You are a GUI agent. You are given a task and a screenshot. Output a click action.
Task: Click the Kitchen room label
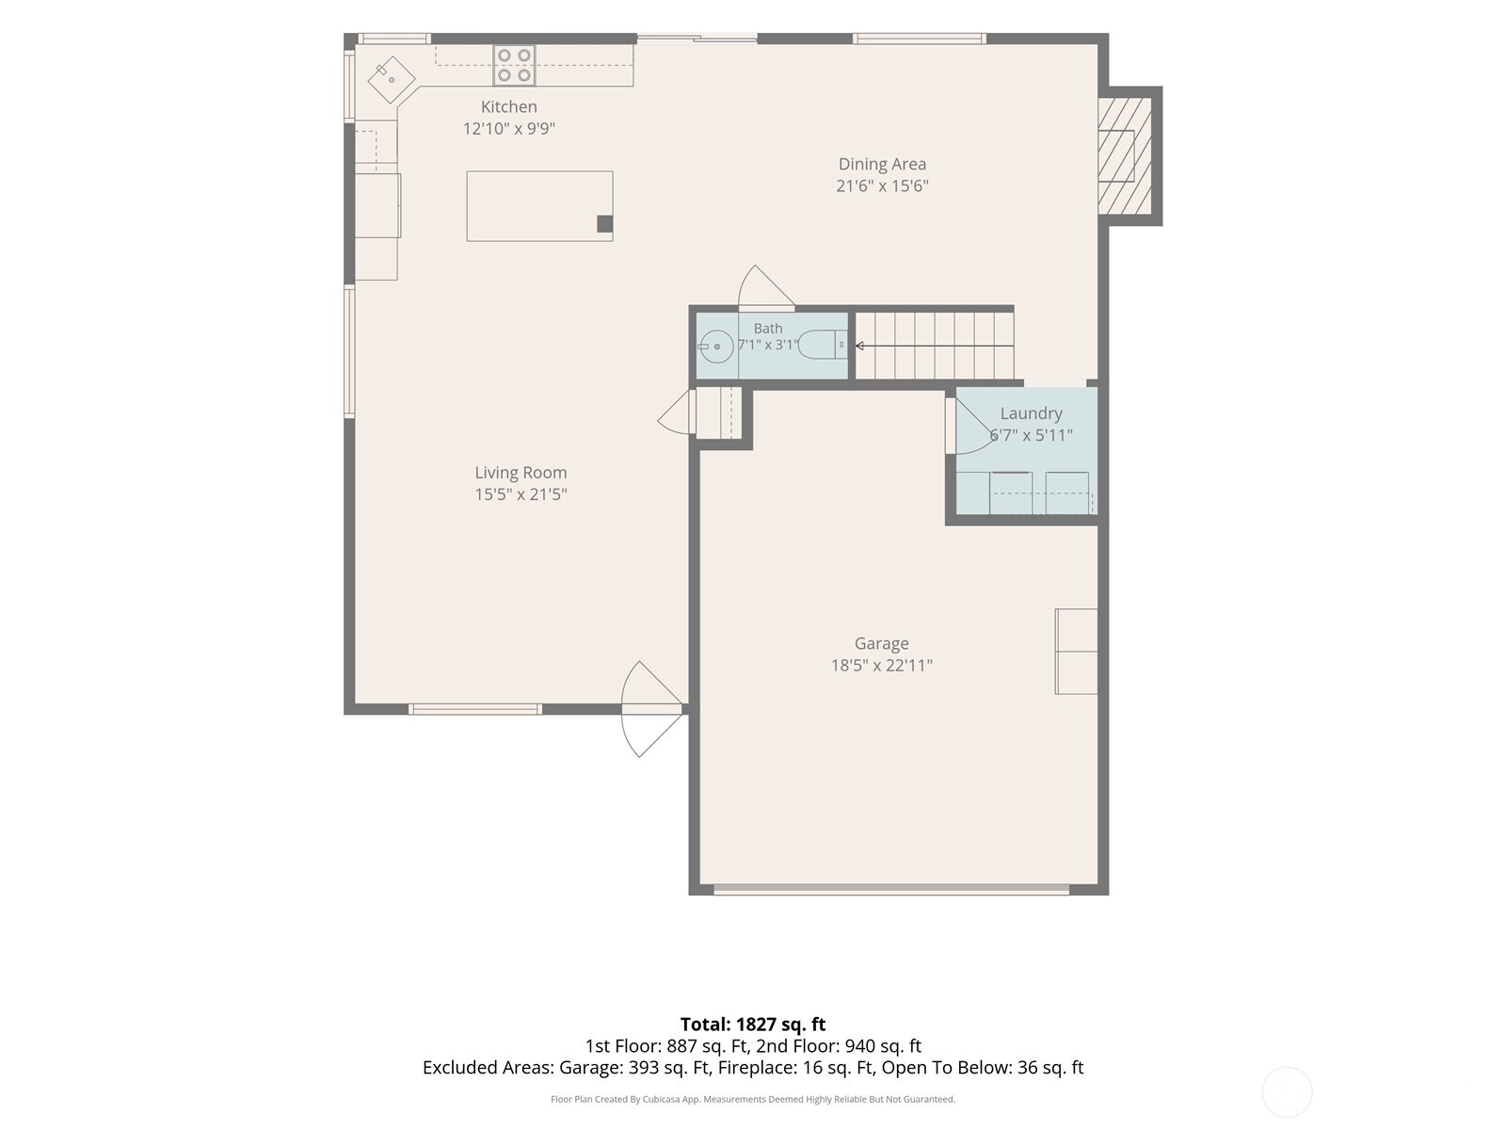pos(508,107)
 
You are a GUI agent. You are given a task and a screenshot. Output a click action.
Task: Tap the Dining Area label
pos(882,164)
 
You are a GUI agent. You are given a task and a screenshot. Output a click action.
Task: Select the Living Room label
pos(521,473)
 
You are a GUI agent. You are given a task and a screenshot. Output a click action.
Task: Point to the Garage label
pos(881,643)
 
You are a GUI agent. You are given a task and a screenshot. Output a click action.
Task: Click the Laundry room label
pos(1031,413)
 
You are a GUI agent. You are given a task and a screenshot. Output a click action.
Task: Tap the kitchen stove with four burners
pos(514,65)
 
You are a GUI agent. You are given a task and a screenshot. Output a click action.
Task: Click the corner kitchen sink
pos(391,80)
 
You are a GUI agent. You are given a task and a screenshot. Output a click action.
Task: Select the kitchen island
pos(539,206)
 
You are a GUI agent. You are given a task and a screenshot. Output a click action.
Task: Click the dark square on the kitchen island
pos(604,224)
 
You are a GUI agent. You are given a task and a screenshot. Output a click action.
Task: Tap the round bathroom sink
pos(716,347)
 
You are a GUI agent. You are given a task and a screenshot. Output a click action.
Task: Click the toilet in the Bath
pos(824,345)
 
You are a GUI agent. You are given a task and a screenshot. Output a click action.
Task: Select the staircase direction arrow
pos(935,346)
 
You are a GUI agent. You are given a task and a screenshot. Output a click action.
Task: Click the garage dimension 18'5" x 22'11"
pos(881,665)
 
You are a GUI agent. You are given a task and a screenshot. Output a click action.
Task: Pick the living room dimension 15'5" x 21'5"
pos(521,494)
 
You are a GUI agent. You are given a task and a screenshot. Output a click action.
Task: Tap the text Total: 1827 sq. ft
pos(753,1025)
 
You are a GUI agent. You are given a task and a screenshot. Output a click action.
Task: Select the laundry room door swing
pos(970,426)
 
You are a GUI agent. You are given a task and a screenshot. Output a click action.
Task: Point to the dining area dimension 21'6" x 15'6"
pos(882,186)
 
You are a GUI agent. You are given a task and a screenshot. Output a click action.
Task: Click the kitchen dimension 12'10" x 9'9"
pos(508,128)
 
